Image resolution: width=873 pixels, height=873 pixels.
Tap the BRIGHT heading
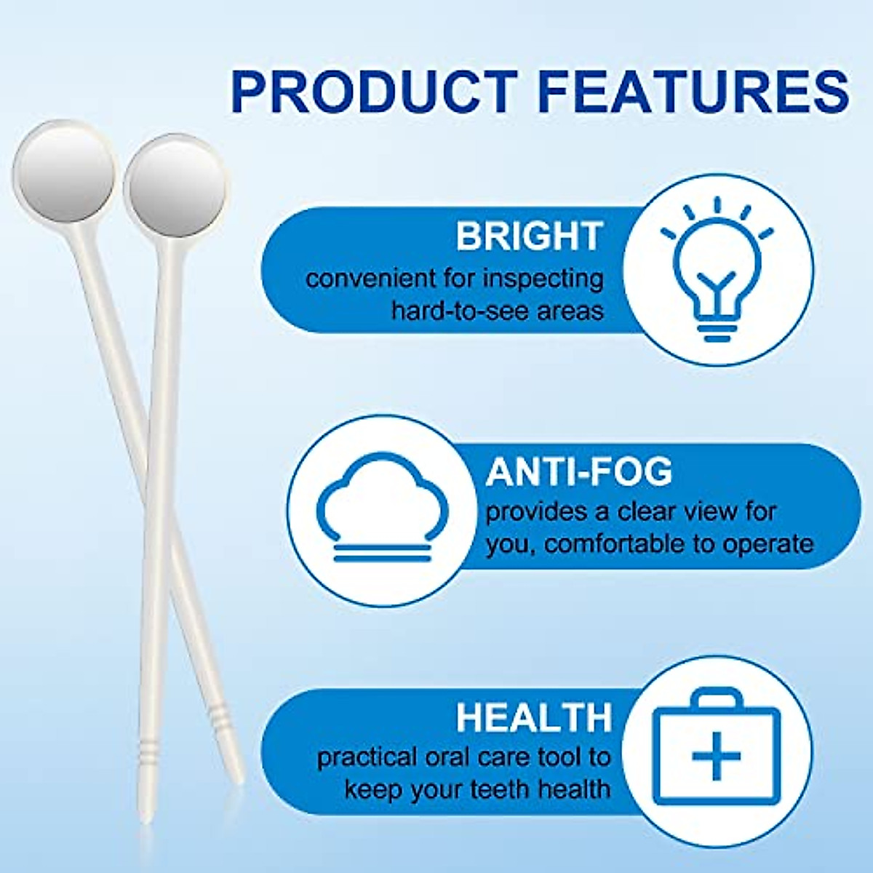pos(530,236)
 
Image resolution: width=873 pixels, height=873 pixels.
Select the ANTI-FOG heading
pos(578,472)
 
